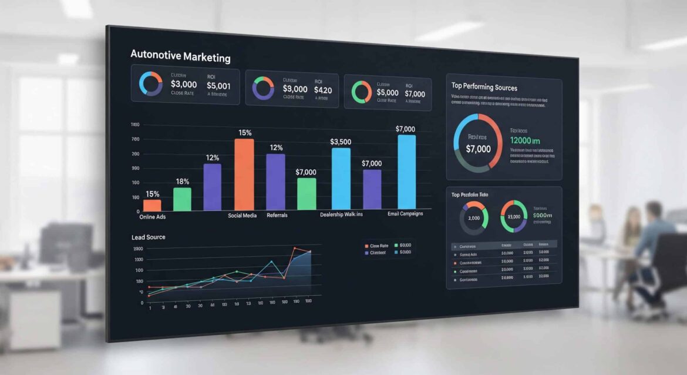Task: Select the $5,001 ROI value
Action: (x=218, y=85)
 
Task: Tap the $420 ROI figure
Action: (x=322, y=90)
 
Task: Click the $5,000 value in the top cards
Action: (x=388, y=93)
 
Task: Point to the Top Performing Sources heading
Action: (x=484, y=88)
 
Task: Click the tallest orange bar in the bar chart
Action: (x=244, y=175)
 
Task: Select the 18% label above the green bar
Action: (x=182, y=182)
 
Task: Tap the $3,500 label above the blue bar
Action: (x=341, y=142)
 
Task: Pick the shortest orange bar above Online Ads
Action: (x=152, y=205)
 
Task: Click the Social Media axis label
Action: (x=242, y=216)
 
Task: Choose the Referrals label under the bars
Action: (x=277, y=216)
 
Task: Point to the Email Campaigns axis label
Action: (x=405, y=214)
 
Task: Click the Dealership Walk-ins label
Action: (x=341, y=215)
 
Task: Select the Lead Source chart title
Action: (x=149, y=237)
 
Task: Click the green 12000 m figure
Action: (x=525, y=140)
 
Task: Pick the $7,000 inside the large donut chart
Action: (x=478, y=149)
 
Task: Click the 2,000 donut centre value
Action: (x=473, y=218)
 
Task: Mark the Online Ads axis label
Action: (x=152, y=217)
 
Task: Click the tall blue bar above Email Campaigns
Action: (x=406, y=172)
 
